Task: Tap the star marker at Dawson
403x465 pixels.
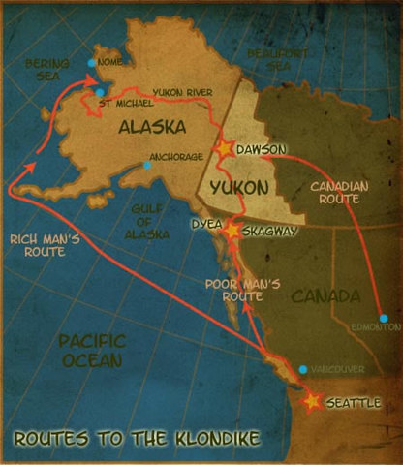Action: [x=225, y=149]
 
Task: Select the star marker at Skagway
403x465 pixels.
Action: [x=232, y=232]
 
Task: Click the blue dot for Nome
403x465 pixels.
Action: [x=91, y=63]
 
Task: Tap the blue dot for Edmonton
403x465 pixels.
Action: [x=384, y=318]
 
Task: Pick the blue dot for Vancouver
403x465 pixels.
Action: [x=304, y=369]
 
